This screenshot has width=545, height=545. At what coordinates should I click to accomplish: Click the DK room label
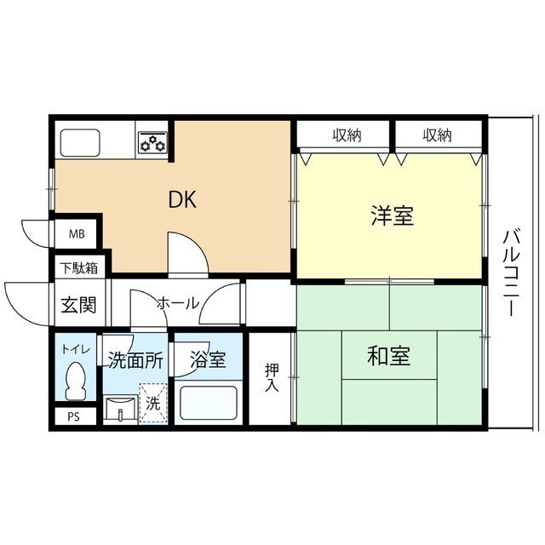pos(182,200)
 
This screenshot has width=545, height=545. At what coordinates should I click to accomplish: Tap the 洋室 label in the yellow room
pos(392,216)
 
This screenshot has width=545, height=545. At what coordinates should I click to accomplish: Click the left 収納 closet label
pos(347,135)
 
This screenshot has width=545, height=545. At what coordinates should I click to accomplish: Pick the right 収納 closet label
pos(436,135)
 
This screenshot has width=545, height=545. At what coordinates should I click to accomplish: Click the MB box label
pos(76,232)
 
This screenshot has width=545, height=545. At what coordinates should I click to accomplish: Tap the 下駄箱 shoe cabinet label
pos(77,267)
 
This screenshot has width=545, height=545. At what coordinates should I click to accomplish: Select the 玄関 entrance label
pos(77,304)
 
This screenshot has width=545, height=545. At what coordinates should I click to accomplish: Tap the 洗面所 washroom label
pos(135,360)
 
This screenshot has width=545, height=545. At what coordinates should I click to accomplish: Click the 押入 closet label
pos(271,378)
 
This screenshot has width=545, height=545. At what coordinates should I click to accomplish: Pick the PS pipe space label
pos(74,417)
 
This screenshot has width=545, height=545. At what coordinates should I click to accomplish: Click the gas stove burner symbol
pos(152,142)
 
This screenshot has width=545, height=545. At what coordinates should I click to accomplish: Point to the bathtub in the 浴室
pos(209,403)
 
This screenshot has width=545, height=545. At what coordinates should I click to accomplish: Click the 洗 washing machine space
pos(152,405)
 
